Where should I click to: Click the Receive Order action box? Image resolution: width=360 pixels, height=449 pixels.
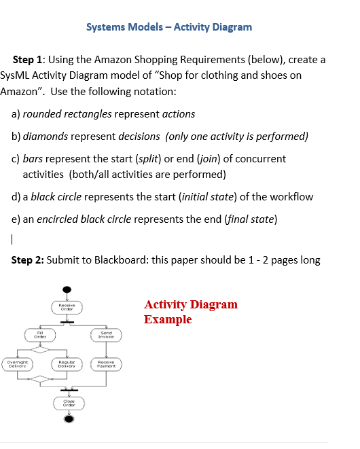(67, 308)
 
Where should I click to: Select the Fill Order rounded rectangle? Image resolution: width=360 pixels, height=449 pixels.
(40, 334)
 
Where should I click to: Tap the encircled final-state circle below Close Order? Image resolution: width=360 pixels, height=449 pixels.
(68, 419)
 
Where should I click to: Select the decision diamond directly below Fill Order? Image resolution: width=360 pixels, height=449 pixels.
(40, 350)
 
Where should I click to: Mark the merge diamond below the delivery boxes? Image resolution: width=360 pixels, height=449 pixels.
(40, 378)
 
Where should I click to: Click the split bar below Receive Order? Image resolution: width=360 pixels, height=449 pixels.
(67, 321)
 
